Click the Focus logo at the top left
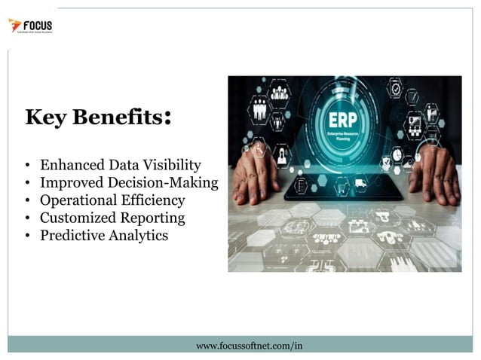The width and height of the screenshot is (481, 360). click(x=30, y=26)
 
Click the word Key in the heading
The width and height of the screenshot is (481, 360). click(x=43, y=118)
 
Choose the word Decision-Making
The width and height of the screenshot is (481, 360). click(x=173, y=182)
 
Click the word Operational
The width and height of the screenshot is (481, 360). click(x=78, y=200)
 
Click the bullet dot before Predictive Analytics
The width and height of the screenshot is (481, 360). click(x=27, y=236)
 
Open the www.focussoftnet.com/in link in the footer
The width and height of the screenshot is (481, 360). click(x=249, y=346)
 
